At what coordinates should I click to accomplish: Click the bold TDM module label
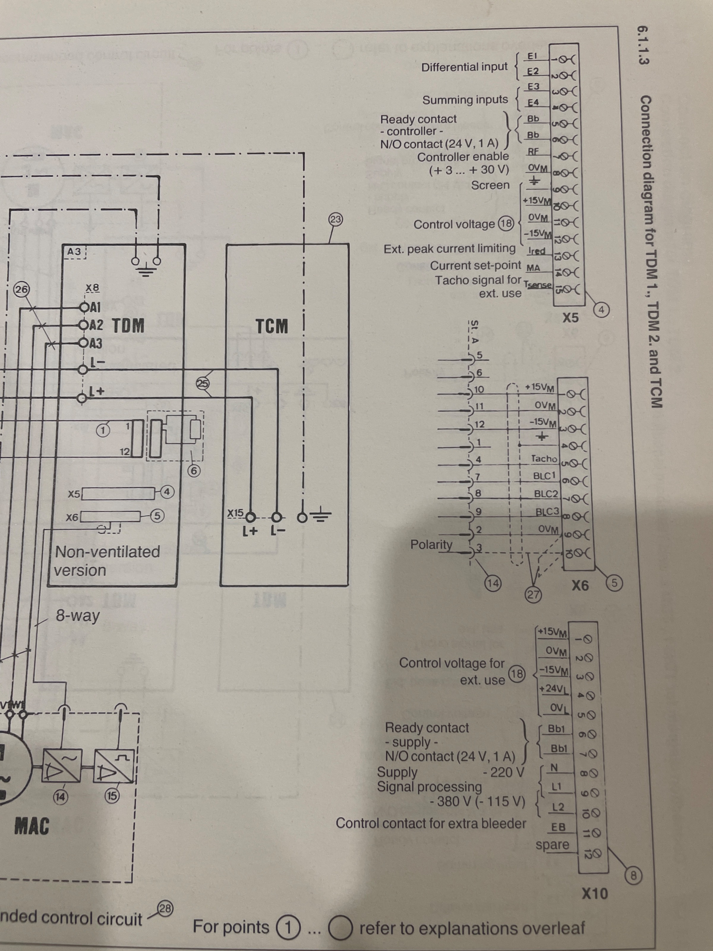coord(128,325)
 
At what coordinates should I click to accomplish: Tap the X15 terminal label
coord(236,513)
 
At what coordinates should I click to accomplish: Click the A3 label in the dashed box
coord(74,251)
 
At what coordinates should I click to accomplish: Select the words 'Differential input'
coord(464,67)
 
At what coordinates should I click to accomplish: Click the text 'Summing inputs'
coord(465,100)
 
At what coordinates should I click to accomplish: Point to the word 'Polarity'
coord(431,545)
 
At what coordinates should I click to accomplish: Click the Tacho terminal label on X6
coord(544,459)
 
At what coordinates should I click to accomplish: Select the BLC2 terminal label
coord(545,494)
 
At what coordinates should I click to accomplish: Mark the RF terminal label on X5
coord(533,151)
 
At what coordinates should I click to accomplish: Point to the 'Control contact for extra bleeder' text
coord(431,823)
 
